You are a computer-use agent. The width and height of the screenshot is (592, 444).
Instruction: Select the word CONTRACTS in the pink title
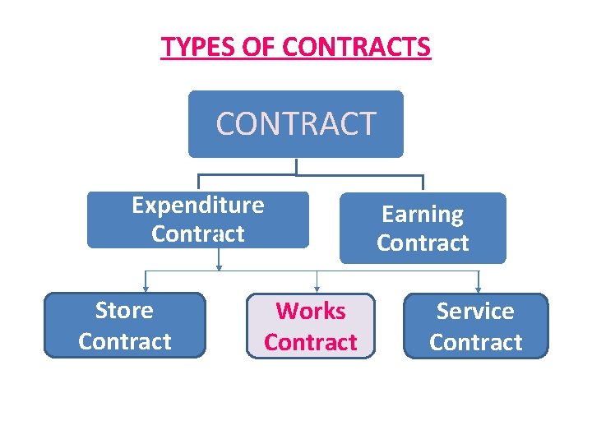[x=356, y=47]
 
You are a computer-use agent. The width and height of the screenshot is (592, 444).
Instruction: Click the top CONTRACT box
[x=295, y=124]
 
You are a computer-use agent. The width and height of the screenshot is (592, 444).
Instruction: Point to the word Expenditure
[x=198, y=205]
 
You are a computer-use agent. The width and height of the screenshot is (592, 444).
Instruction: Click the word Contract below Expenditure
[x=198, y=234]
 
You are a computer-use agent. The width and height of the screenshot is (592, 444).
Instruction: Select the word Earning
[x=423, y=215]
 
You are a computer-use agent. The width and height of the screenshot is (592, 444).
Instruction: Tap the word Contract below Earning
[x=423, y=243]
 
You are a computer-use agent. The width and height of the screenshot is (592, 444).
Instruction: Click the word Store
[x=124, y=311]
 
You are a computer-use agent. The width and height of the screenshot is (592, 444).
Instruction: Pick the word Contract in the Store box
[x=124, y=341]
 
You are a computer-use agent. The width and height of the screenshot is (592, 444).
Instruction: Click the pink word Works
[x=311, y=312]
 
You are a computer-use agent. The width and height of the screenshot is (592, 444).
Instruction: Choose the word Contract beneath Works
[x=311, y=342]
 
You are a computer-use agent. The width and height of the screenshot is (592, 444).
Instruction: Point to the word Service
[x=475, y=312]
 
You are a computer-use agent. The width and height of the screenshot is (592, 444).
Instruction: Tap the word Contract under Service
[x=475, y=342]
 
